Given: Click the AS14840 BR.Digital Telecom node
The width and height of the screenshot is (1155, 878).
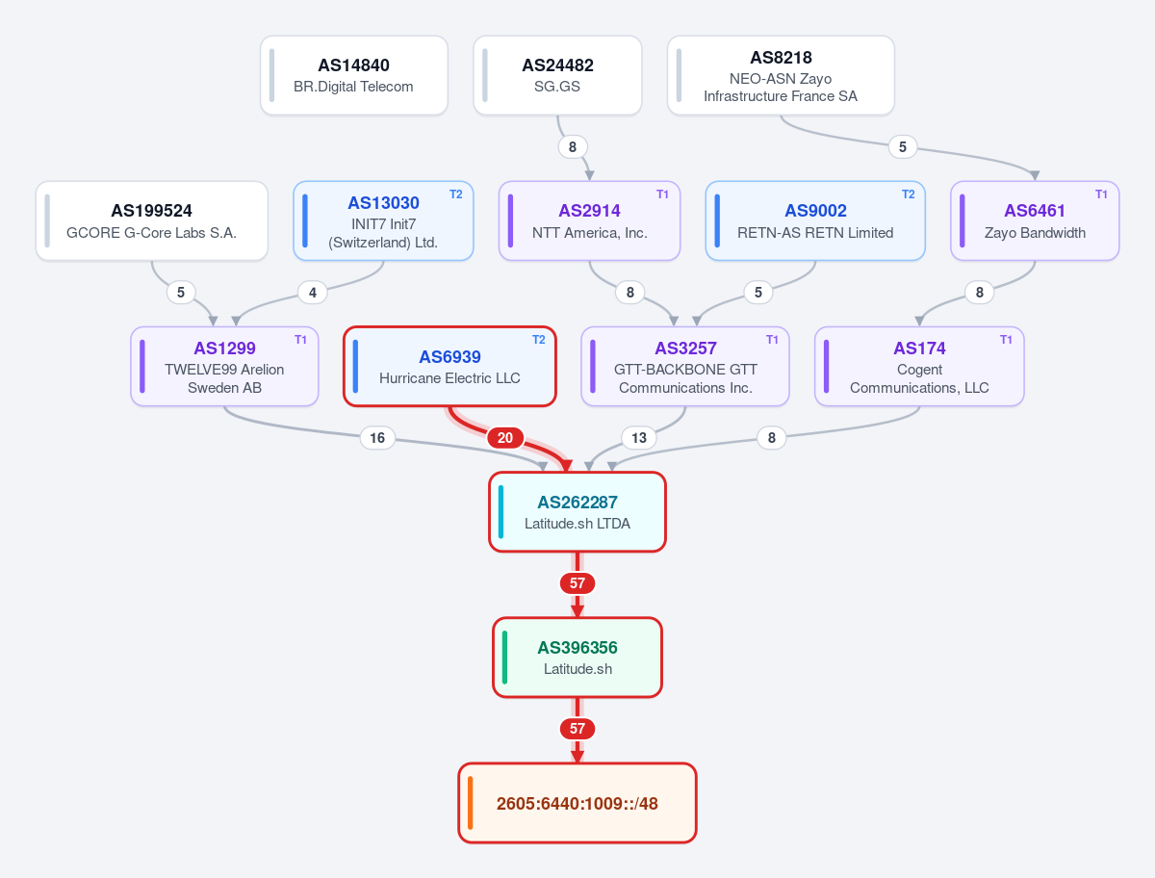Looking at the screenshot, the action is pos(353,75).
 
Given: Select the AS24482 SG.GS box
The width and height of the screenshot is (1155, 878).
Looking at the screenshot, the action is pos(557,75).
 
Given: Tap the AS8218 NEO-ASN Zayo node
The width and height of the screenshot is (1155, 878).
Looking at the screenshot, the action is pos(781,75).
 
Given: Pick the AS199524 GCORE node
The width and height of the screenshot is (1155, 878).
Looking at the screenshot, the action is pos(151,221).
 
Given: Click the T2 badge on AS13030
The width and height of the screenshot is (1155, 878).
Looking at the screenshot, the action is pos(455,194).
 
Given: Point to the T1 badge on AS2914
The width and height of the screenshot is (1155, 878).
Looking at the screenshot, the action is pos(662,194).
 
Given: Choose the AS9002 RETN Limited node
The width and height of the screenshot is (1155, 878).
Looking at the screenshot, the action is pos(815,221).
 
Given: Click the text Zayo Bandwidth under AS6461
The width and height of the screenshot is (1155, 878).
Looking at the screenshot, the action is pos(1035,233).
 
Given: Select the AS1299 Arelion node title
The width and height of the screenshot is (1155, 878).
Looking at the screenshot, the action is pos(224,349).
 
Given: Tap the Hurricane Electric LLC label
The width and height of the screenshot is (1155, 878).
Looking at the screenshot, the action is pos(449,378).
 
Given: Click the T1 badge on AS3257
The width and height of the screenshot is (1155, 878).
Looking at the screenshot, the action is pos(772,340).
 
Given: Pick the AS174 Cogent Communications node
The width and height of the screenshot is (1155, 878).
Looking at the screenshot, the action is pos(919,366).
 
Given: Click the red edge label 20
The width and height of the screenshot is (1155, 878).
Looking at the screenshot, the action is pos(505,438).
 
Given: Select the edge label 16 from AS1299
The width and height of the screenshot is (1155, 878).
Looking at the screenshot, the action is pos(376,438).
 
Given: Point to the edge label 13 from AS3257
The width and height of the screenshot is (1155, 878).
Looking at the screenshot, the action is pos(639,438).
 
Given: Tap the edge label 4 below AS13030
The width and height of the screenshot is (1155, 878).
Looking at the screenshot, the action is pos(313,293).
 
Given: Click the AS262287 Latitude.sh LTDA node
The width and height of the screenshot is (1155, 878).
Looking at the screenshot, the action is pos(577,512).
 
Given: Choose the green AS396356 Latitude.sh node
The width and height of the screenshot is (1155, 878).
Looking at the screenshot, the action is pos(577,658).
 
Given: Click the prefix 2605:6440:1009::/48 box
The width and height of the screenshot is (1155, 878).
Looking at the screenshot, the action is pos(577,803).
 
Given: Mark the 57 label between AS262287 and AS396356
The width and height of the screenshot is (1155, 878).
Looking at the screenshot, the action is pos(577,583).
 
